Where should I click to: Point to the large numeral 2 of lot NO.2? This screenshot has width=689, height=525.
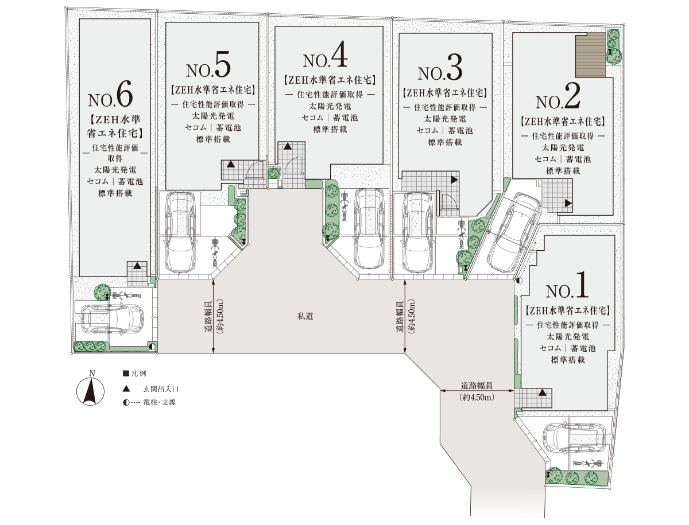571,96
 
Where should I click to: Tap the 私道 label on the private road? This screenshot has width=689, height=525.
305,316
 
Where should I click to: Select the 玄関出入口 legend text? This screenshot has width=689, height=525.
161,389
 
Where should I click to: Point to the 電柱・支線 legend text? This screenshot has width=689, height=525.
160,402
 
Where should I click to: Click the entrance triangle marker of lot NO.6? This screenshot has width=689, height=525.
137,266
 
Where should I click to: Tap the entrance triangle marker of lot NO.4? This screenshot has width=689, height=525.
288,146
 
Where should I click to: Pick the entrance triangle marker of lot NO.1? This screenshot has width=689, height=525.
543,392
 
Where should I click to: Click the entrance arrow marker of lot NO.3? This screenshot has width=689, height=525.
455,180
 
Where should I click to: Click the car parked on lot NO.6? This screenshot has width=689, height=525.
113,318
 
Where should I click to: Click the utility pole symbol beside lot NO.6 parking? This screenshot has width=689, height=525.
152,347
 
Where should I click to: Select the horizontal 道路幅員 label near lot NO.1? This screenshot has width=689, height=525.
477,385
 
